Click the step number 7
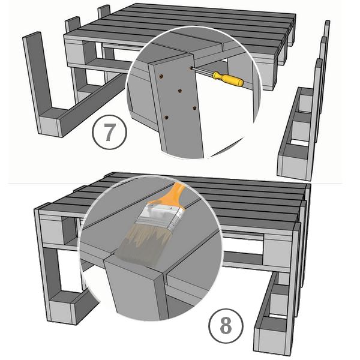109,132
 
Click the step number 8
226,326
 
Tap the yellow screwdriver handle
228,79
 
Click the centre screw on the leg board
180,91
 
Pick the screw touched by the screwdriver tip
191,68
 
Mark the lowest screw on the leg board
166,118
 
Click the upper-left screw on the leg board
161,76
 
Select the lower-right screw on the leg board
194,107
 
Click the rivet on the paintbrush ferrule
171,208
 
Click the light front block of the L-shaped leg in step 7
49,127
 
